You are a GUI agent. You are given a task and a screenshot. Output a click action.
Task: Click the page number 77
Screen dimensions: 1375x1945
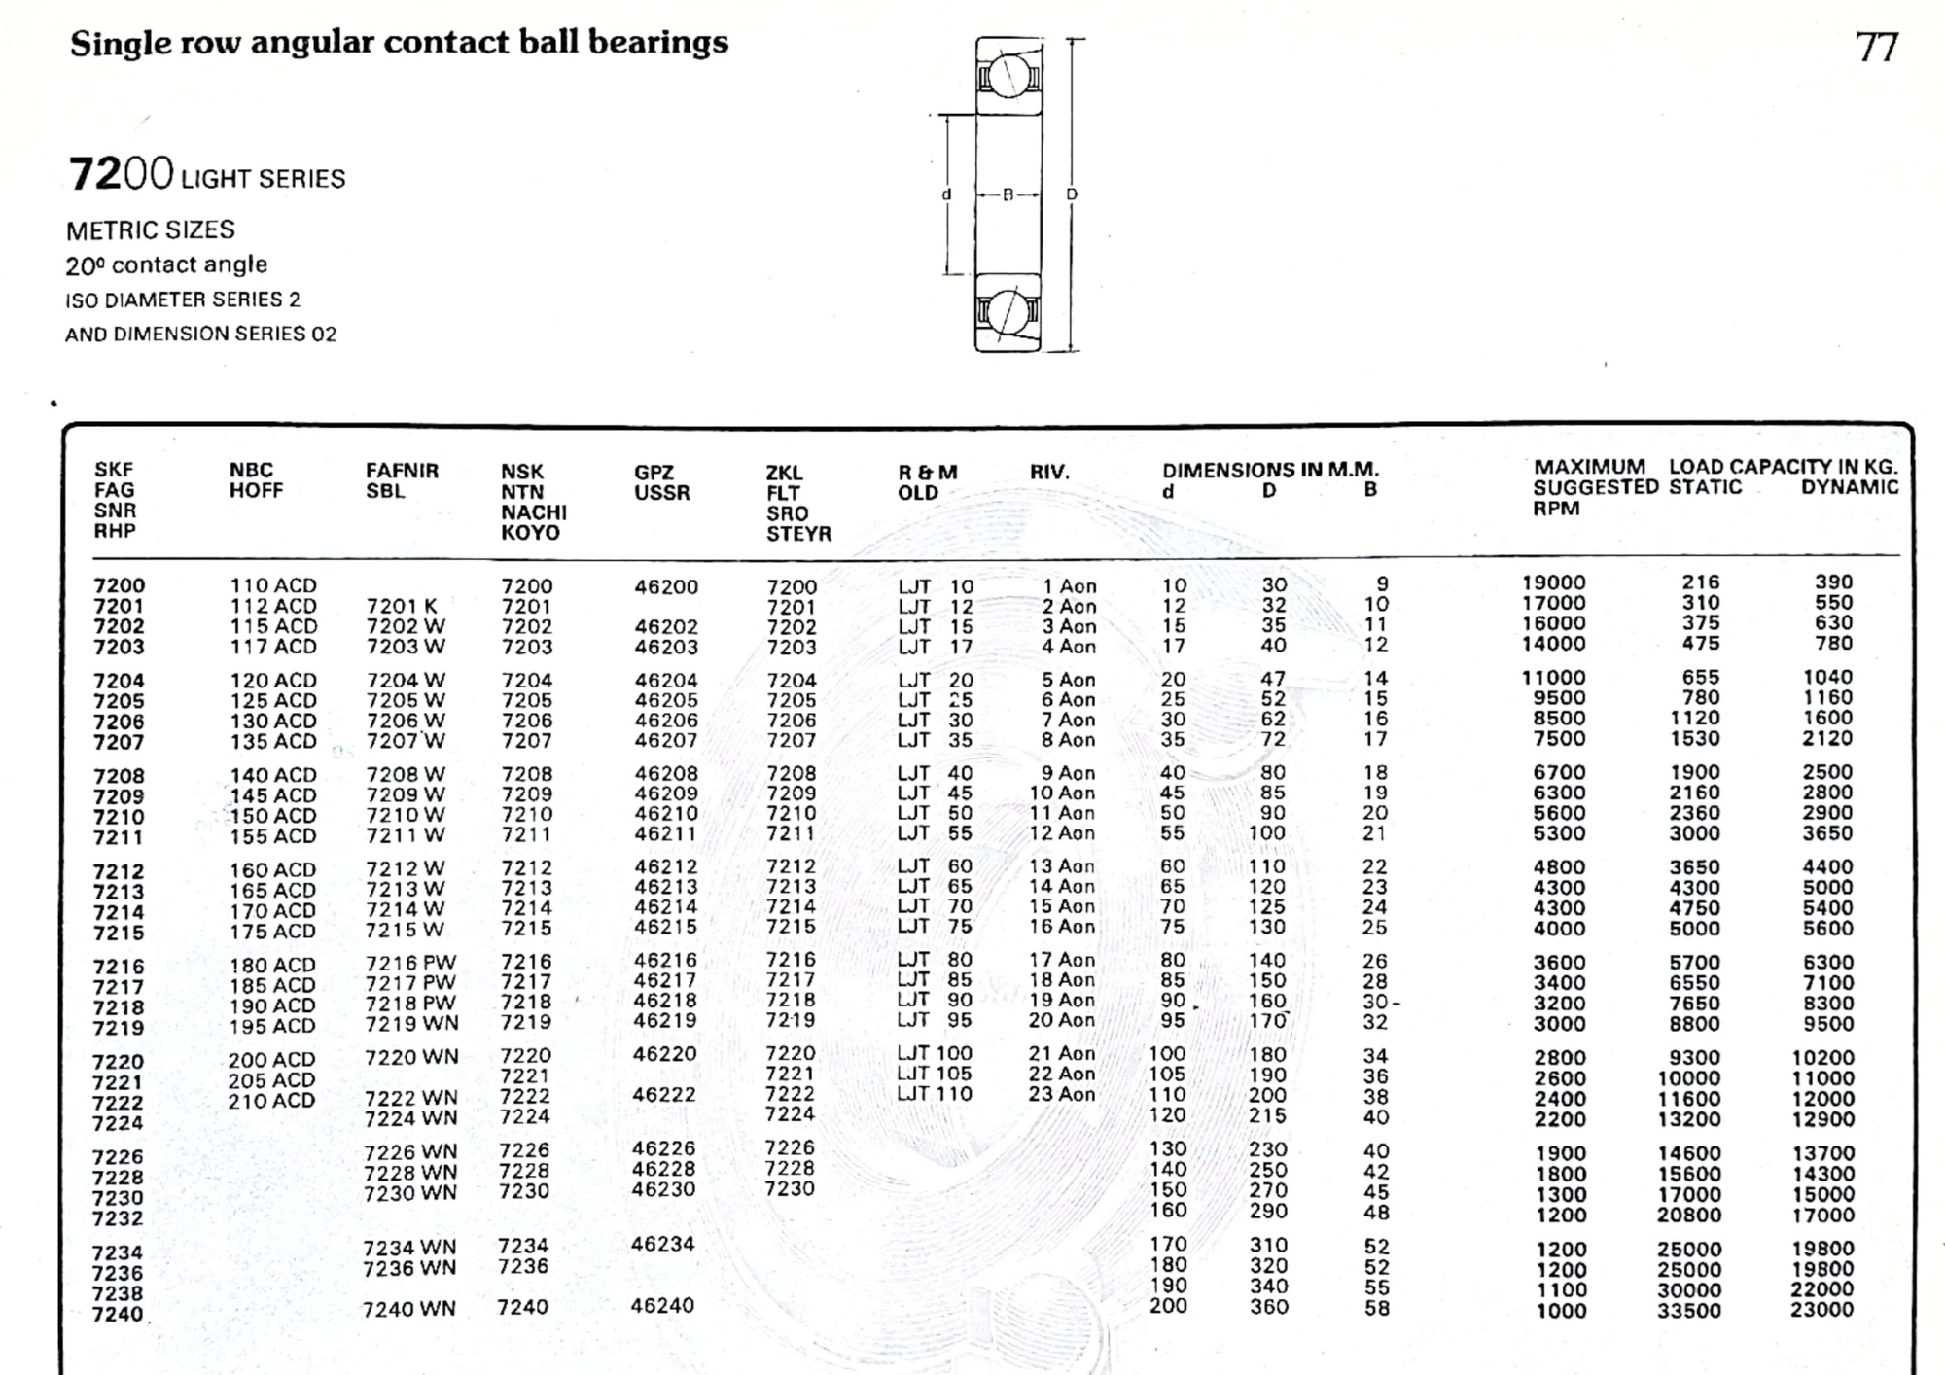coord(1876,47)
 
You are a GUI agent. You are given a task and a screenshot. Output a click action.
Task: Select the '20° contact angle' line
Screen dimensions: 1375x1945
coord(166,264)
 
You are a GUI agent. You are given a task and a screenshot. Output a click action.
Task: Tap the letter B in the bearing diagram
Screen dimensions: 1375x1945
coord(1008,194)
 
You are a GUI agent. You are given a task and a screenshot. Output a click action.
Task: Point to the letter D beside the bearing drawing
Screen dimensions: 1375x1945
coord(1072,194)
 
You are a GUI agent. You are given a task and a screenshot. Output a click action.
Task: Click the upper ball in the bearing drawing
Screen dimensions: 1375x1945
coord(1008,75)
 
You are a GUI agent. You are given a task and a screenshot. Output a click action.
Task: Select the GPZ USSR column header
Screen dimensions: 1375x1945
coord(661,482)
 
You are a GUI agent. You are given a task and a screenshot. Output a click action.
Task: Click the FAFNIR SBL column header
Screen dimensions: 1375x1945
coord(402,480)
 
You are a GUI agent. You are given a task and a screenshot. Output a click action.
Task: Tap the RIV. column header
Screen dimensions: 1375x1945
coord(1049,473)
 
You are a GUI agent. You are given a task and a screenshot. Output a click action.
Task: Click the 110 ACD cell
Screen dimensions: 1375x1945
coord(272,585)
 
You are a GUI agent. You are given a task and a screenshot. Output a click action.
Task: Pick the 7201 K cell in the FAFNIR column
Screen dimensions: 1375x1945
coord(402,607)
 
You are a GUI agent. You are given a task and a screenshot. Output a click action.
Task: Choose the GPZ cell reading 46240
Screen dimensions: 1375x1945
coord(662,1306)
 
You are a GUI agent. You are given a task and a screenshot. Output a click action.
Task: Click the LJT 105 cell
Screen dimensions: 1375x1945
coord(934,1074)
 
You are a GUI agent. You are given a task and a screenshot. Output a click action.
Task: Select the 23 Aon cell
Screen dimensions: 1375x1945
coord(1062,1094)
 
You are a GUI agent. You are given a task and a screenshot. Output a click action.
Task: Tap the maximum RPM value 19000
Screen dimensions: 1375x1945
coord(1553,582)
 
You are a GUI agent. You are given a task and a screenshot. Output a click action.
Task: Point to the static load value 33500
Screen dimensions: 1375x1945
coord(1689,1310)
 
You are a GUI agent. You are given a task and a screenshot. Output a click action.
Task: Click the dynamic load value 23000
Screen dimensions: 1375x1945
coord(1821,1310)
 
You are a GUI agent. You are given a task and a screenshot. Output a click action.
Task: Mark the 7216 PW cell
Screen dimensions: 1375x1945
coord(410,963)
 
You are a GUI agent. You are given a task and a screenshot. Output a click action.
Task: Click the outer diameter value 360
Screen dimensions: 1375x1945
coord(1268,1307)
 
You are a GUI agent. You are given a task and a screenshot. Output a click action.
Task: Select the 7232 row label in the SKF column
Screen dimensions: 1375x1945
coord(118,1218)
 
